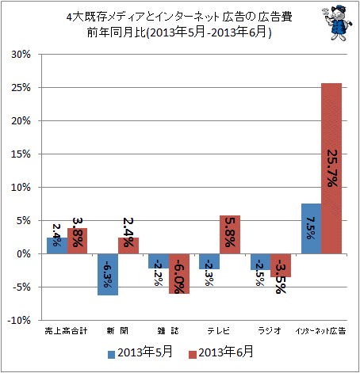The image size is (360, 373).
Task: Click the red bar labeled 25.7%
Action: [x=331, y=169]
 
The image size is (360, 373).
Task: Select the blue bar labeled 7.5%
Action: [x=312, y=229]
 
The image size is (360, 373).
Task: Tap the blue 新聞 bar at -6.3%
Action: [x=108, y=275]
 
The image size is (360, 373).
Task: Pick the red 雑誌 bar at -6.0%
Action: [x=179, y=274]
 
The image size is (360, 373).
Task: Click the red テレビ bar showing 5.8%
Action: [x=230, y=234]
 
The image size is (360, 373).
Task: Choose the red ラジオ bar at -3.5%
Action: [x=281, y=265]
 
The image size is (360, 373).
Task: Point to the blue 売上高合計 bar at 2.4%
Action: [x=57, y=245]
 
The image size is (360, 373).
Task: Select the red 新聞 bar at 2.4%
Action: [x=128, y=245]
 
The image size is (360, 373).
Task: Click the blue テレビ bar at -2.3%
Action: [x=209, y=261]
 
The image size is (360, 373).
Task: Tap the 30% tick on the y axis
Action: [x=21, y=55]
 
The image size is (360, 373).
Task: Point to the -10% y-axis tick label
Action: [x=19, y=321]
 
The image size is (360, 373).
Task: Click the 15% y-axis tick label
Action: [x=21, y=154]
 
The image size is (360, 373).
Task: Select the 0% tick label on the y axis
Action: [x=24, y=254]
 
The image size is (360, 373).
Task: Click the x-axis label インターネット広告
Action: [x=320, y=331]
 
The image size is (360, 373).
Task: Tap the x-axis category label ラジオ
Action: [x=270, y=331]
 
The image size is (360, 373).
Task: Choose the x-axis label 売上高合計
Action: [x=66, y=331]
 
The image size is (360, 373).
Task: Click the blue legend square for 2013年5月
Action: [x=112, y=355]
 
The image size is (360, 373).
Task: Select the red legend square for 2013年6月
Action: [x=193, y=355]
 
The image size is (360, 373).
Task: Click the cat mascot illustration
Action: [x=337, y=23]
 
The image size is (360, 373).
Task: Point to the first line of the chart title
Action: [x=179, y=17]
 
